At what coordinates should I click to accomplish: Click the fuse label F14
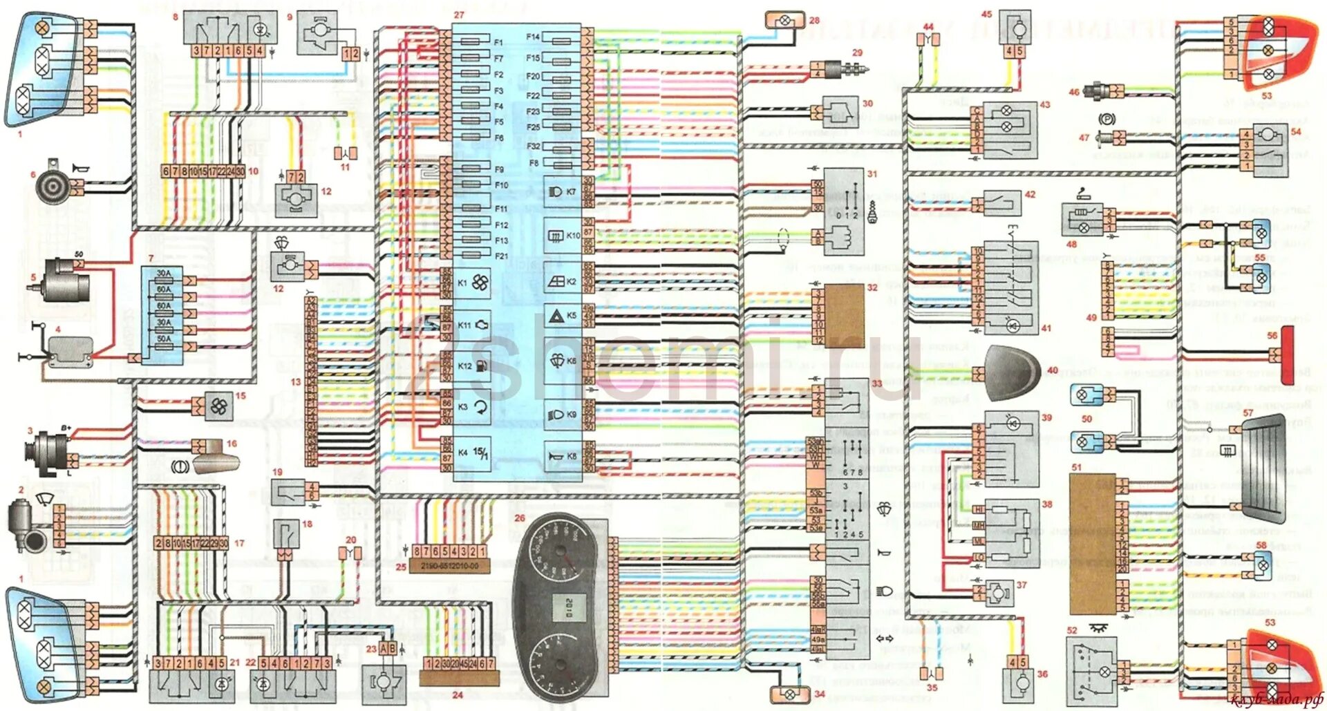(x=532, y=37)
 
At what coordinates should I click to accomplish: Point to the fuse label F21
(x=501, y=256)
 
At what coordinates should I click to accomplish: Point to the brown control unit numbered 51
(x=1092, y=544)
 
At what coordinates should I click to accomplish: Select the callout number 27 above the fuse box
(x=459, y=15)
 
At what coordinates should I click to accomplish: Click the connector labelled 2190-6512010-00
(x=450, y=566)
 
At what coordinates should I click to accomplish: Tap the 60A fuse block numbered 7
(x=164, y=306)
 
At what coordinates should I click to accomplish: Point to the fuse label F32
(x=533, y=146)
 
